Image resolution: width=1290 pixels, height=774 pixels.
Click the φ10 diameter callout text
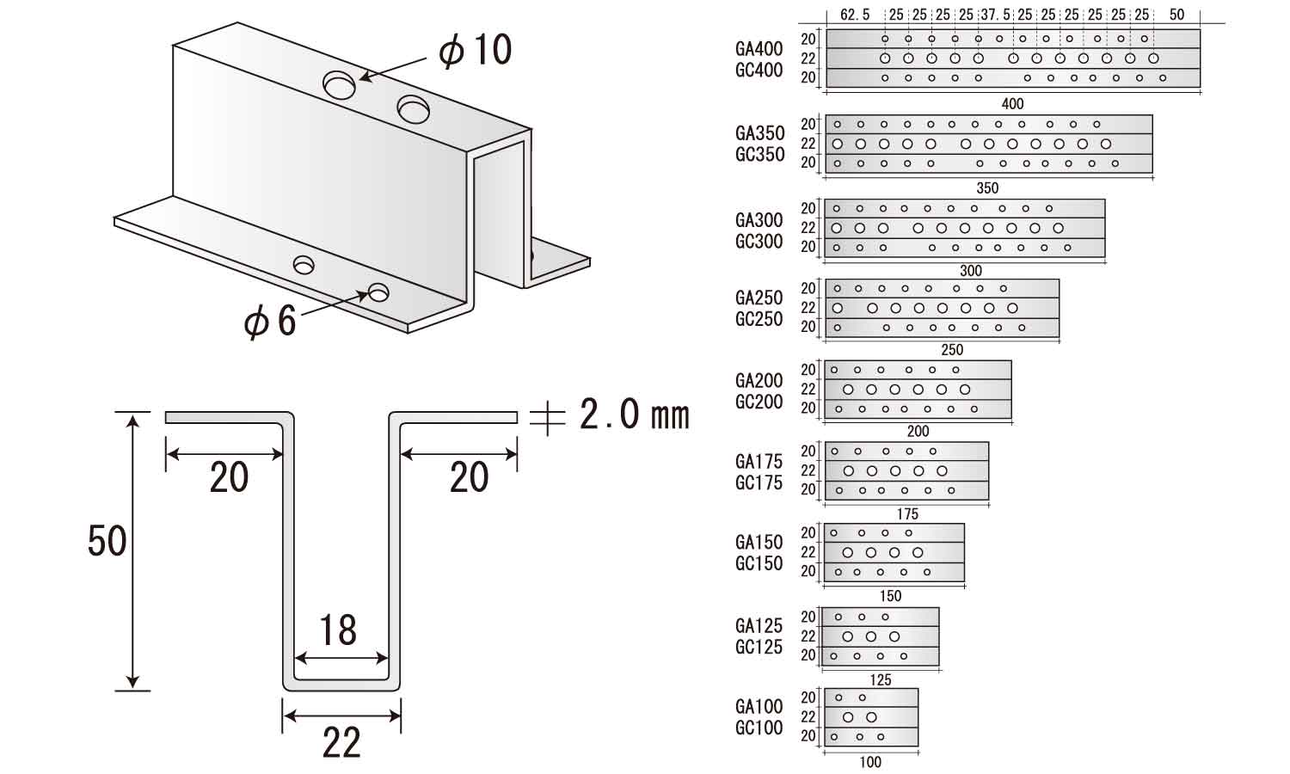pos(475,50)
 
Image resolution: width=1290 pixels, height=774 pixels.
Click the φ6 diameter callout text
pos(269,320)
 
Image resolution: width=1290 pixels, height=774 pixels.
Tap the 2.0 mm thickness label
pos(634,414)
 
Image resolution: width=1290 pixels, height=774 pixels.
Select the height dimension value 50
pos(107,541)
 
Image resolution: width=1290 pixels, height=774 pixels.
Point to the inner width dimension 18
pos(338,630)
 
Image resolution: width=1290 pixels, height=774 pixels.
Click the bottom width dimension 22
pos(341,743)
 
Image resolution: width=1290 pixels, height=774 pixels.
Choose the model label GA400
pos(759,49)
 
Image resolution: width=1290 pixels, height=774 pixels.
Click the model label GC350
pos(759,154)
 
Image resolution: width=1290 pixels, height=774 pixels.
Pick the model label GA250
pos(759,298)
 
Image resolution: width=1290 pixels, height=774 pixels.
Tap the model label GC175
pos(759,482)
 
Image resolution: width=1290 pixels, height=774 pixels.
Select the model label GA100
pos(759,706)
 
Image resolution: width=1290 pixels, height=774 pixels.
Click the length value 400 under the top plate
pos(1012,104)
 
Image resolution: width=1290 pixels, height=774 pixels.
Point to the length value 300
pos(970,271)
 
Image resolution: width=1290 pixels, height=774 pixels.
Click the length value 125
pos(881,680)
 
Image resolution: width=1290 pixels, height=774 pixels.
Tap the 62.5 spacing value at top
pos(855,15)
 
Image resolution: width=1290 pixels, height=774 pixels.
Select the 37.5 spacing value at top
pos(996,15)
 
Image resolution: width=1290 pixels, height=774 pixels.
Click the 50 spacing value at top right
pos(1176,15)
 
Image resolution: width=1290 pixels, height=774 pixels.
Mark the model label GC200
pos(759,402)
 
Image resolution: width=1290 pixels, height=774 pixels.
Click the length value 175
pos(907,513)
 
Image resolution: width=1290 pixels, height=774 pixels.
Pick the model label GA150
pos(759,542)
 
